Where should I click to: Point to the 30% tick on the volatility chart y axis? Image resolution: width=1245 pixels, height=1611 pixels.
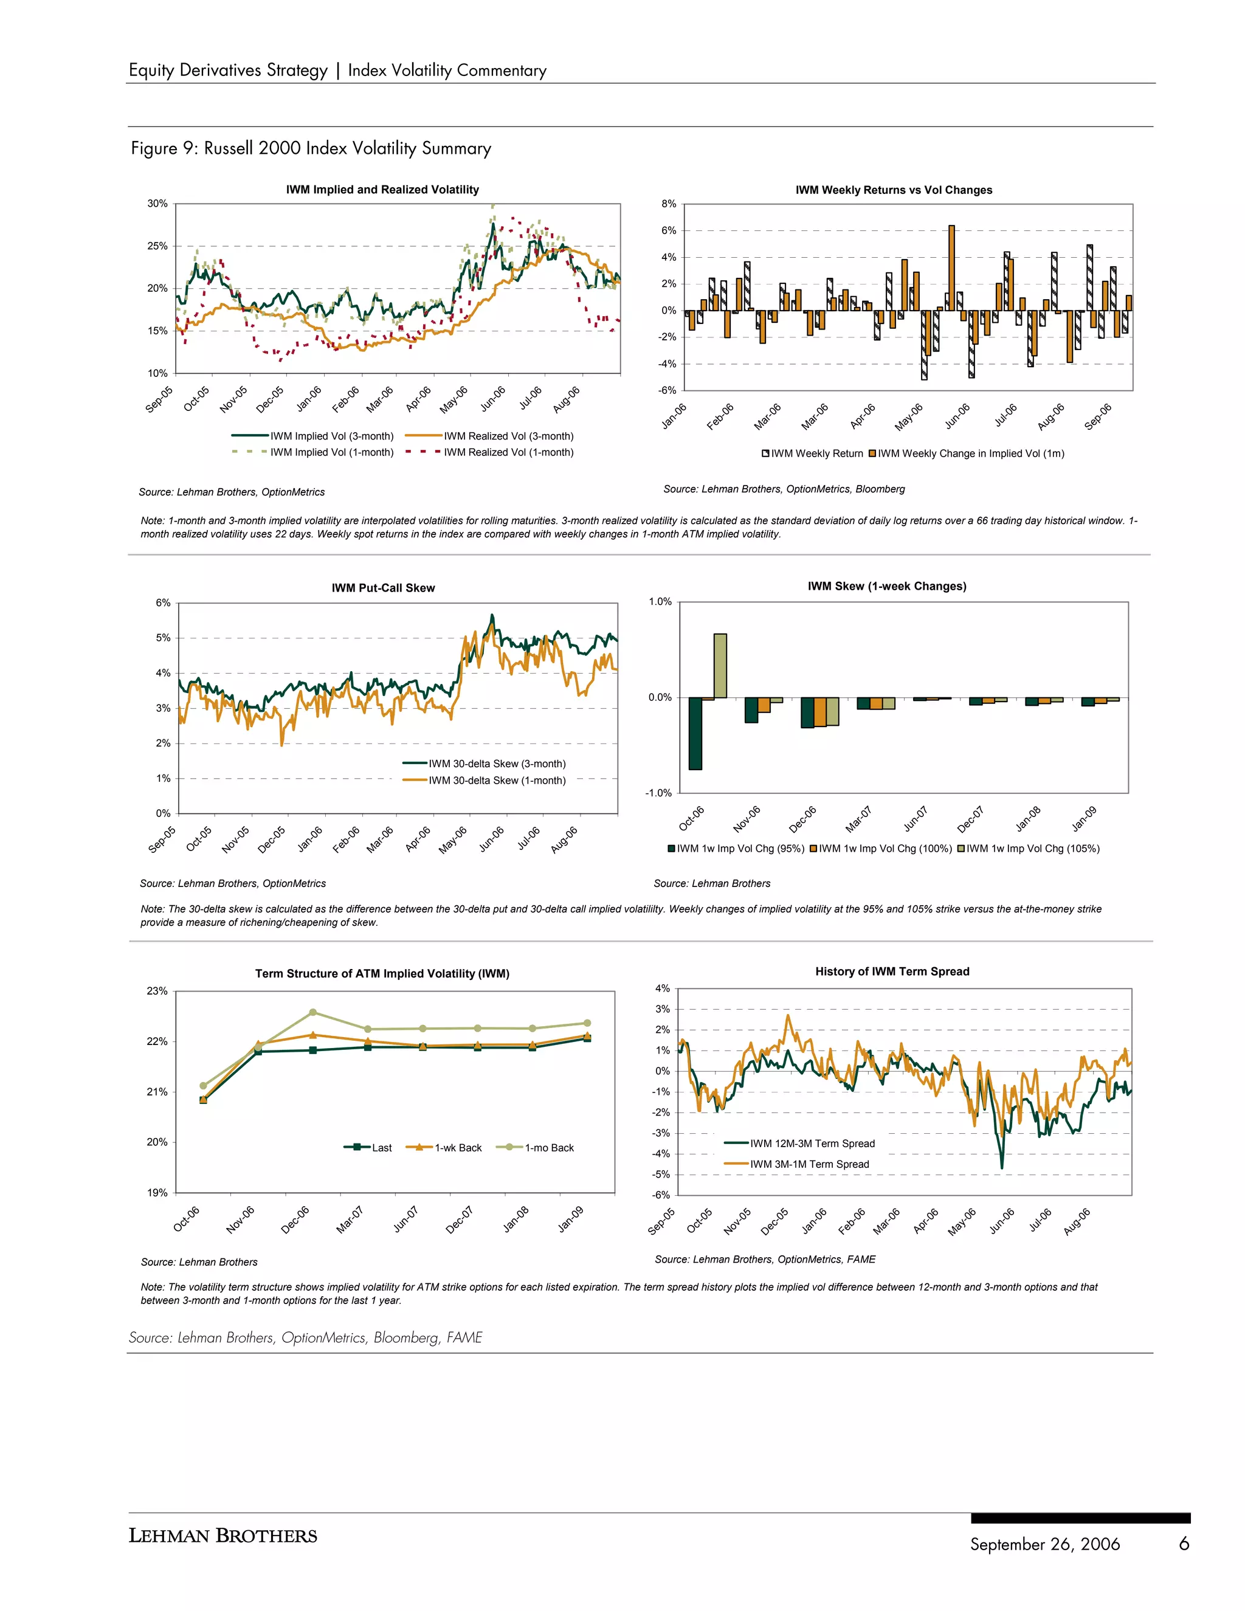click(x=157, y=204)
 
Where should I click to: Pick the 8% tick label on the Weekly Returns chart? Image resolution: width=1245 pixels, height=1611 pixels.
click(x=668, y=204)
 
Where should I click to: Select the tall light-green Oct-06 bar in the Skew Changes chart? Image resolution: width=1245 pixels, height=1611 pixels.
click(x=720, y=665)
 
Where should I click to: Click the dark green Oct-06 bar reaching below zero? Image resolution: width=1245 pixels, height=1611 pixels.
click(x=695, y=733)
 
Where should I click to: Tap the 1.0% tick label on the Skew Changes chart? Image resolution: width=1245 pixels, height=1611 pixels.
click(x=660, y=602)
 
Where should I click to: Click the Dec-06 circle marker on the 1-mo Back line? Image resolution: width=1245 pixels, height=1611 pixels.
click(x=312, y=1013)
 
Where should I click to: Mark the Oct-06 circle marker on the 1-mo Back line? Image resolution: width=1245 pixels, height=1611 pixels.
click(x=204, y=1086)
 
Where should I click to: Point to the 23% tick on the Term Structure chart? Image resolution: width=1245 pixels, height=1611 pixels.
click(x=157, y=992)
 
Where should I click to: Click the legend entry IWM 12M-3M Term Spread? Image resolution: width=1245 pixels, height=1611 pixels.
click(x=812, y=1144)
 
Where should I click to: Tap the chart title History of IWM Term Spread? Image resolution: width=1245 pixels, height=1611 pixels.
click(x=892, y=971)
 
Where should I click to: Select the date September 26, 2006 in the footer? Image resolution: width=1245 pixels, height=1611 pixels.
click(x=1044, y=1545)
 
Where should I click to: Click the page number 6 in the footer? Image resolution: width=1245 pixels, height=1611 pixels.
click(x=1184, y=1544)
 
